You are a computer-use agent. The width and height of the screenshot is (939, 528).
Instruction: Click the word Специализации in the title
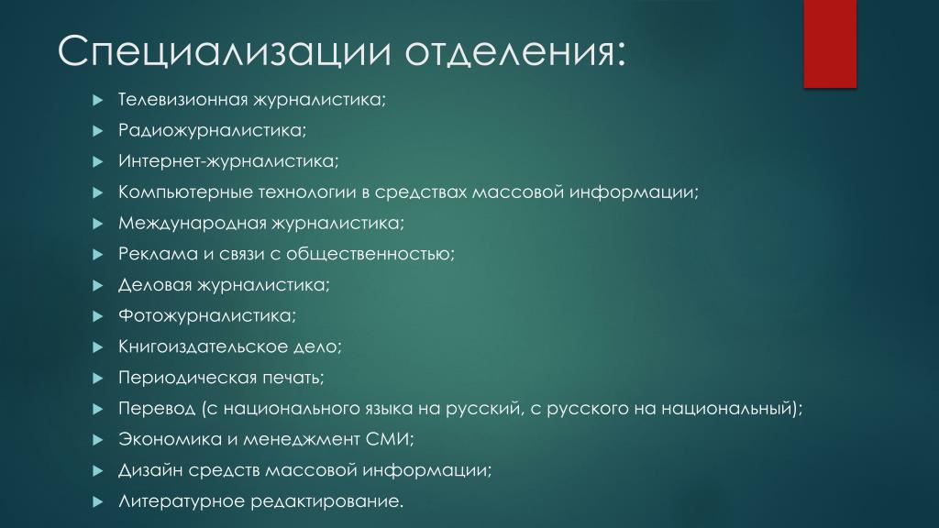pos(224,52)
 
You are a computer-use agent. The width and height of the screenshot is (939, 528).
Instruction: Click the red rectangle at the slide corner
pos(829,44)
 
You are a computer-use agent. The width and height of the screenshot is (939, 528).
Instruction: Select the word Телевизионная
pos(182,99)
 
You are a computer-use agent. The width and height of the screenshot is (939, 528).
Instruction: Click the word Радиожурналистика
pos(210,130)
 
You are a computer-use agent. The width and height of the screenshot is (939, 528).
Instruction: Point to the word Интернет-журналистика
pos(226,161)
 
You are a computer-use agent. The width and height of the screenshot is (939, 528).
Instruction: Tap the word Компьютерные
pos(185,192)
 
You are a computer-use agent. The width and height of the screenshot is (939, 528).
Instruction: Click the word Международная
pos(192,224)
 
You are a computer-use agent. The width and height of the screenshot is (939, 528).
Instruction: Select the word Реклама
pos(158,254)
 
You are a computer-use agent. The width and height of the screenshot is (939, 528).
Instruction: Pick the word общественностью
pos(368,255)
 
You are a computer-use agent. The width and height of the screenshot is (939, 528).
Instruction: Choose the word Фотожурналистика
pos(204,316)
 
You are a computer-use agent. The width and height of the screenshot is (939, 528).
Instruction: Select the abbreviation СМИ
pos(387,439)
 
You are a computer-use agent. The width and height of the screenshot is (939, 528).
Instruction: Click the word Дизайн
pos(149,470)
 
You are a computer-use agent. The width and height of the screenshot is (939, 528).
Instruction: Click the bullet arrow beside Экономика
pos(98,440)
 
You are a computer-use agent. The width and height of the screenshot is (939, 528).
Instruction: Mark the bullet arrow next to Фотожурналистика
pos(98,316)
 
